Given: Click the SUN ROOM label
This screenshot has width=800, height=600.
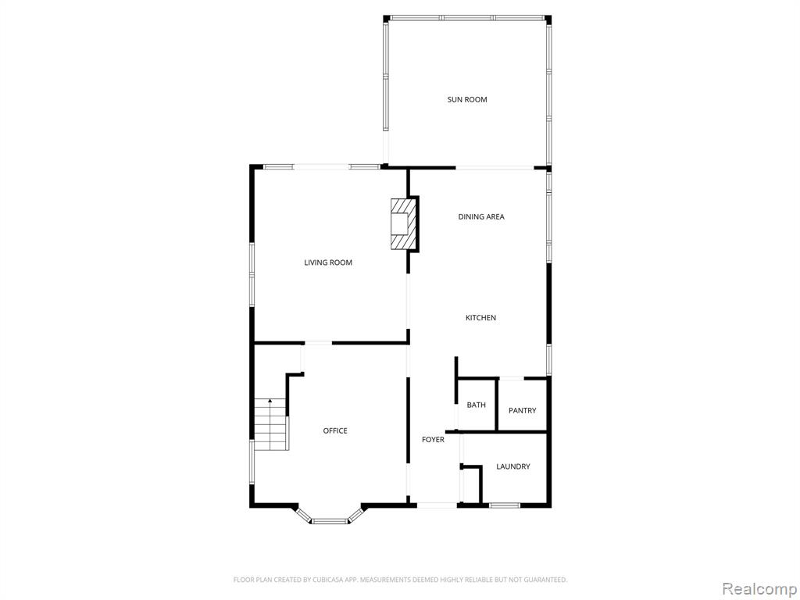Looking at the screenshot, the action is [x=467, y=99].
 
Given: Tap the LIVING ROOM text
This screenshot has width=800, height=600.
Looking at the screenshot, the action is [x=328, y=262].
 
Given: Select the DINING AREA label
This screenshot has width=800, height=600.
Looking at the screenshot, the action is [x=481, y=216].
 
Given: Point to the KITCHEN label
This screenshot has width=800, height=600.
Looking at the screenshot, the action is [x=480, y=317].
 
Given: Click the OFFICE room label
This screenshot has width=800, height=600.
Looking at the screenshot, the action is [x=335, y=430].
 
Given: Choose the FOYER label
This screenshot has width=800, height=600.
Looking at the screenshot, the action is [x=433, y=439].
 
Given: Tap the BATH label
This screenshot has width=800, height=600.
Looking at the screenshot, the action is [x=476, y=405].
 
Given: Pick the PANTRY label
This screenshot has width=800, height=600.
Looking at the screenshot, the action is [x=523, y=410].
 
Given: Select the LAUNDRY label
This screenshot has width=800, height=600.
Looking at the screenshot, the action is [x=513, y=466].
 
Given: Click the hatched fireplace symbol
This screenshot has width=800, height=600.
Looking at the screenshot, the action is [x=404, y=223].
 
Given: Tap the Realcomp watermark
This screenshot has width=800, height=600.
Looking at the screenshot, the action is [x=759, y=588].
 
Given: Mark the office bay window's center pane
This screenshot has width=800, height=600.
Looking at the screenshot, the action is [x=330, y=521].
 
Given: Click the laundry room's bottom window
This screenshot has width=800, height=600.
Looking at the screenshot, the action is [x=504, y=505].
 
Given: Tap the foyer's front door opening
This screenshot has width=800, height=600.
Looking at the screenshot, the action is [x=437, y=505].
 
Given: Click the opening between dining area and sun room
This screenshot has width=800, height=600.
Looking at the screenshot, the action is [x=495, y=167].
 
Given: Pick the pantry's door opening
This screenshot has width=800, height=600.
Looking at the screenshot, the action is [x=511, y=378].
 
